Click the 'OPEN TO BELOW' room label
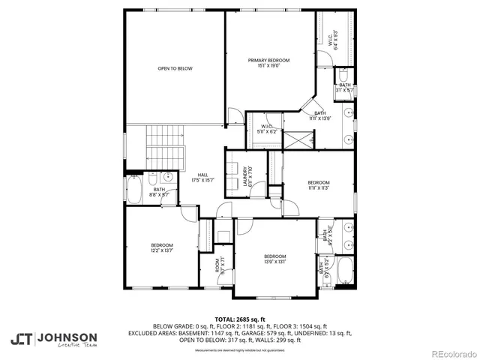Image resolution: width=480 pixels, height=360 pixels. [x=175, y=68]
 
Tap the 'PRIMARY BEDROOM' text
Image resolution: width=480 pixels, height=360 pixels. [x=268, y=60]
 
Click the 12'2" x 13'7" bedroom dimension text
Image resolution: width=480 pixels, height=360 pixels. [x=163, y=251]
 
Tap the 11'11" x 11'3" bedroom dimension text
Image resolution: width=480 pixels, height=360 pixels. [x=318, y=188]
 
